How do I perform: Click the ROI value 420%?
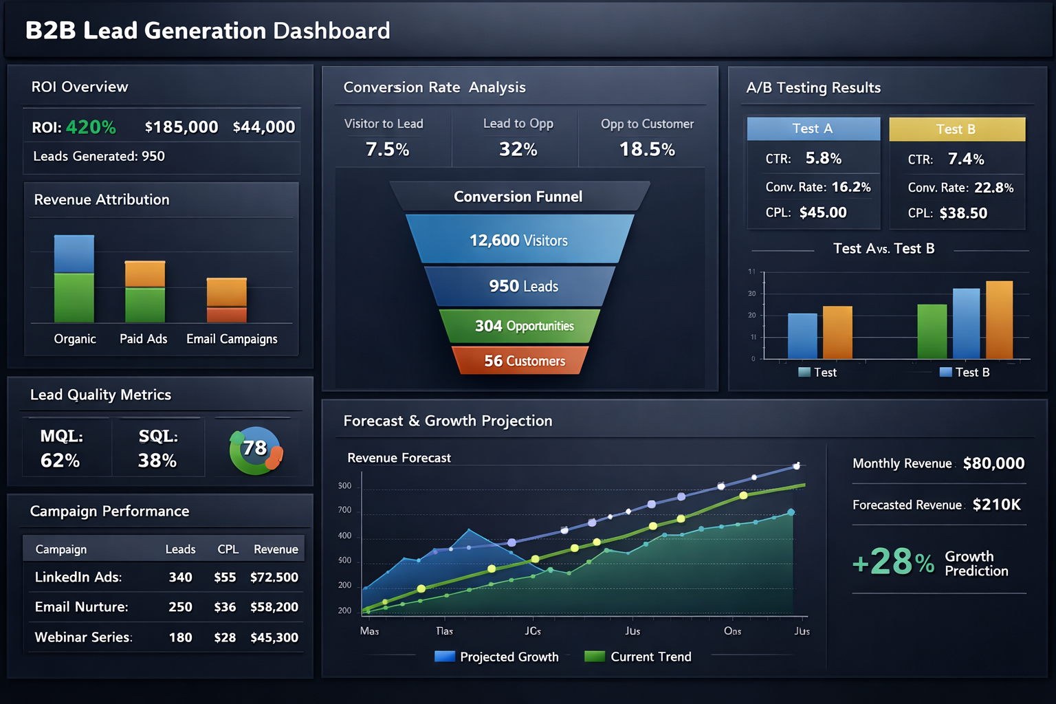tap(91, 127)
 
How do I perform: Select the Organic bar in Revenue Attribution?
tap(74, 278)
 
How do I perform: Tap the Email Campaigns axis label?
tap(232, 339)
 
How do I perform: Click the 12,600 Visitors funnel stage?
tap(518, 240)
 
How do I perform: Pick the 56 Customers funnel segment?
tap(524, 361)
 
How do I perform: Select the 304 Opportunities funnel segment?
tap(524, 326)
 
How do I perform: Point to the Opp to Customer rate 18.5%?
tap(647, 149)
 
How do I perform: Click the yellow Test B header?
tap(956, 129)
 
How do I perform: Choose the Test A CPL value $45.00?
tap(823, 212)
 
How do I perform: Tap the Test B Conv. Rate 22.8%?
tap(993, 188)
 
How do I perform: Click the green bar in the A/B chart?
tap(932, 331)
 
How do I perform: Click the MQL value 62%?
tap(60, 461)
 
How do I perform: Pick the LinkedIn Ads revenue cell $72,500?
tap(274, 577)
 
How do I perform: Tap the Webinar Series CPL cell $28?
tap(225, 637)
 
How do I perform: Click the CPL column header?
tap(228, 549)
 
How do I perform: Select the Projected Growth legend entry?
tap(496, 657)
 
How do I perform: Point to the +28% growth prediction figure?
tap(893, 562)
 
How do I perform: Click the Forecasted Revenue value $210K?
tap(996, 505)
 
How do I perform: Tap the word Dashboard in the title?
tap(331, 31)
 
